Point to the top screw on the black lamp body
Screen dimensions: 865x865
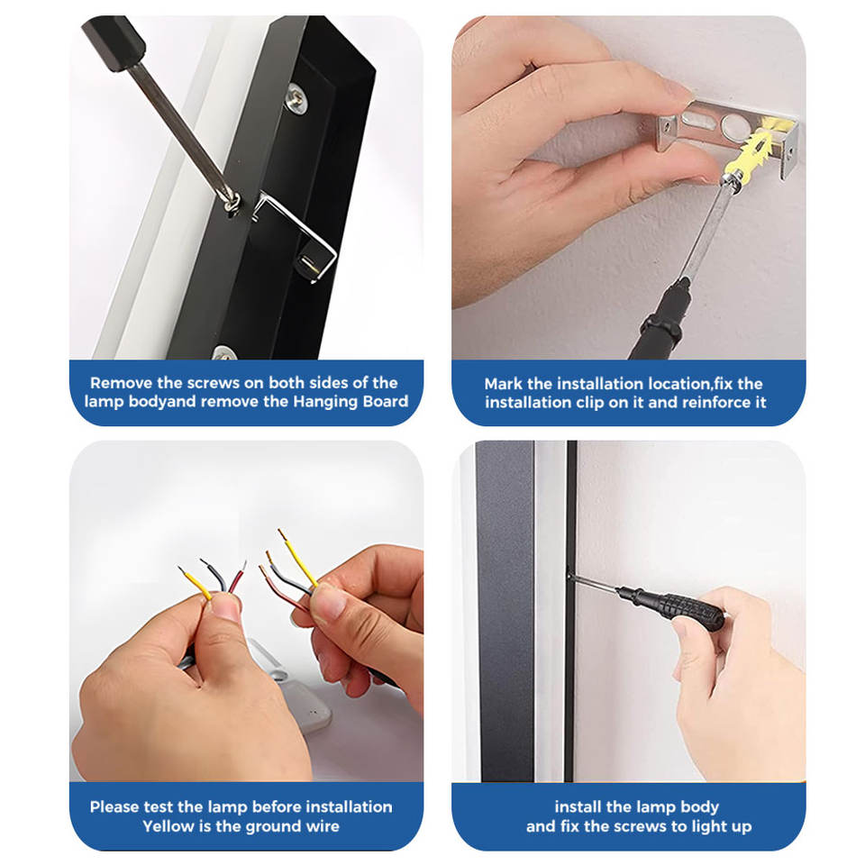tap(296, 98)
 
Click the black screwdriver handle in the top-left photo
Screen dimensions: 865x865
tap(114, 41)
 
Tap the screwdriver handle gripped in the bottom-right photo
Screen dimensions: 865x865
tap(674, 606)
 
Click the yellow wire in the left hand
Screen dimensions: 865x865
tap(196, 583)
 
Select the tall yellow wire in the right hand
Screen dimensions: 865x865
tap(298, 558)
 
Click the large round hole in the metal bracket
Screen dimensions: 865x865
tap(734, 126)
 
